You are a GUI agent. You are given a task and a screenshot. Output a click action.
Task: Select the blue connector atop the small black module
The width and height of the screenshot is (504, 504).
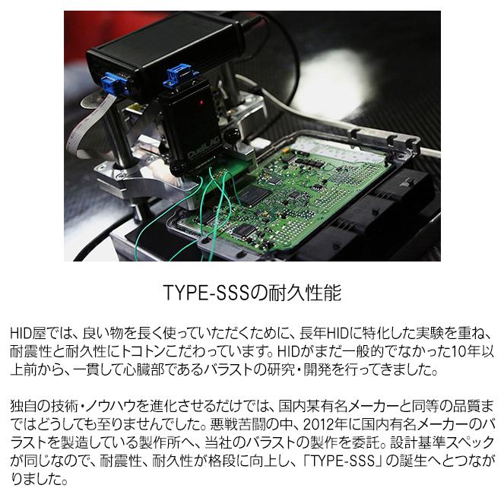(x=179, y=75)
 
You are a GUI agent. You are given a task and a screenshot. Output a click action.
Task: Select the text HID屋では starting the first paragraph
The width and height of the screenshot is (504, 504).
(x=38, y=333)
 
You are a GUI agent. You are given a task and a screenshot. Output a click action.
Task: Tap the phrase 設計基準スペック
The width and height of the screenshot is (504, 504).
(x=426, y=442)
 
